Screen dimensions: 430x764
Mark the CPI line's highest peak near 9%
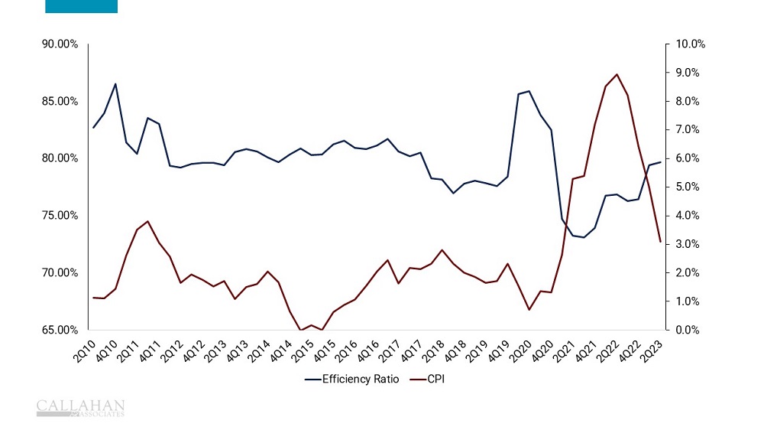pyautogui.click(x=617, y=74)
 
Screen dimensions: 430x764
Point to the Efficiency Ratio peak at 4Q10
pyautogui.click(x=115, y=84)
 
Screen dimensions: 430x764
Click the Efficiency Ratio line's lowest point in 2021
pyautogui.click(x=584, y=237)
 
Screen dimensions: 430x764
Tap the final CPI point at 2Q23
pyautogui.click(x=660, y=242)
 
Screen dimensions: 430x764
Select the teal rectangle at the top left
pyautogui.click(x=82, y=6)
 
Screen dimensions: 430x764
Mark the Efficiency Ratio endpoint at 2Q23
pyautogui.click(x=660, y=162)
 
